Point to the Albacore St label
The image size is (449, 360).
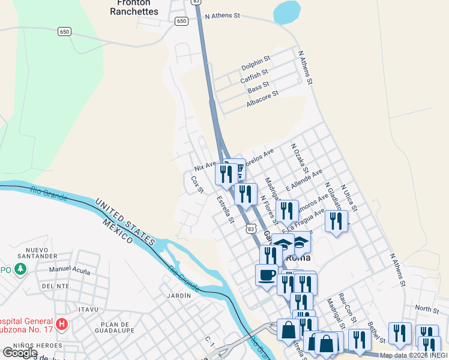262,99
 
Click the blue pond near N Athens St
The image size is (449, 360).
286,11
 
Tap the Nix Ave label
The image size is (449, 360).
205,164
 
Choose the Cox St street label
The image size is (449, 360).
197,184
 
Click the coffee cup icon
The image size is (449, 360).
266,275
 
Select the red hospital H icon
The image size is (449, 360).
61,325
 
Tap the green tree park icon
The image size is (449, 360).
21,268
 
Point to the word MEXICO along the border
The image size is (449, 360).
117,231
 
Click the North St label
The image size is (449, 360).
427,309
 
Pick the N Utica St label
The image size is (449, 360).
348,199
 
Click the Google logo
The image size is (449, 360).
20,353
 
